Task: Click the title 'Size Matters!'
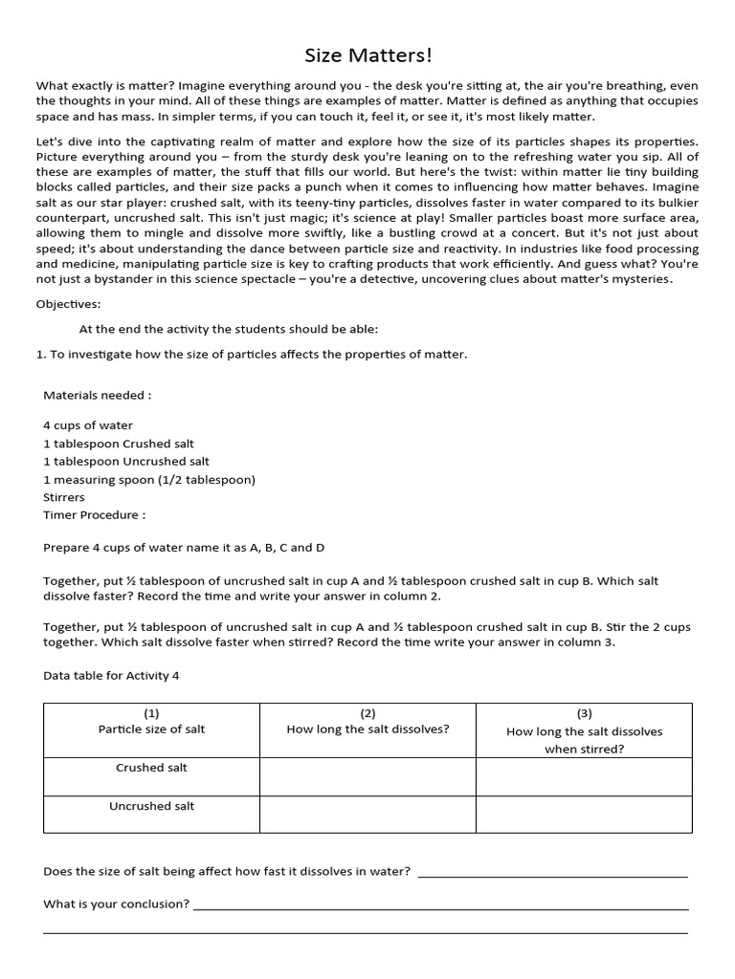[x=367, y=56]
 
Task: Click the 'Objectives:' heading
[x=68, y=304]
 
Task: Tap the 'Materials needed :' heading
[x=98, y=395]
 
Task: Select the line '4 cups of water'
[x=88, y=425]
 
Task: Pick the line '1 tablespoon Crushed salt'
[x=119, y=444]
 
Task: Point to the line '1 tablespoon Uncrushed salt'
[x=126, y=461]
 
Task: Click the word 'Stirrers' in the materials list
[x=64, y=497]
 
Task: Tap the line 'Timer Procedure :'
[x=95, y=514]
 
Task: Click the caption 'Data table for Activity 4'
[x=111, y=676]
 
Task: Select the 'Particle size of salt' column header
[x=151, y=729]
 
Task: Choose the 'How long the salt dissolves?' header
[x=367, y=729]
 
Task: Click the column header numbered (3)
[x=584, y=713]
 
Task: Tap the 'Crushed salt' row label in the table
[x=151, y=768]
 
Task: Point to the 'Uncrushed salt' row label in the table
[x=151, y=806]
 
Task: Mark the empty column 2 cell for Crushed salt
[x=367, y=776]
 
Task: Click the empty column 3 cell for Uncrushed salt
[x=584, y=815]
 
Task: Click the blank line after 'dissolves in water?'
[x=553, y=874]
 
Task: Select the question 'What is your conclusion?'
[x=116, y=903]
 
